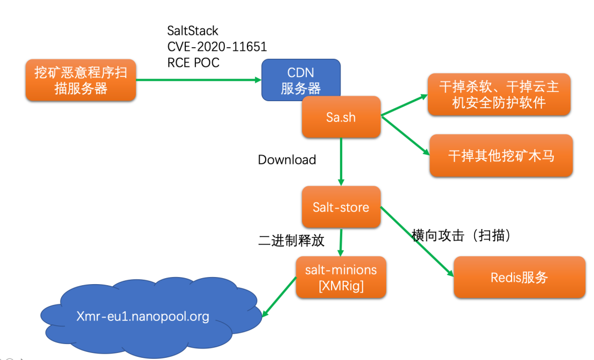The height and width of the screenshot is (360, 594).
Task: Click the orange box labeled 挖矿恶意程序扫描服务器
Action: (x=80, y=80)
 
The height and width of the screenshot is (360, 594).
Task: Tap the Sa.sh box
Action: (x=341, y=117)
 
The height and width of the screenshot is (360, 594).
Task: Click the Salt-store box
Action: (x=341, y=207)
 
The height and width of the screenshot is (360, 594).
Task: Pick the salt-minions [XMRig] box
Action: (x=341, y=277)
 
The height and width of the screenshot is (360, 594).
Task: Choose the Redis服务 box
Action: (x=519, y=277)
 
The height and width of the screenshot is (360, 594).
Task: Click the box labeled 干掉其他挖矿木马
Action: (x=501, y=156)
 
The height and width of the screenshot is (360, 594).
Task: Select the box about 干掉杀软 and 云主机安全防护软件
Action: (x=498, y=95)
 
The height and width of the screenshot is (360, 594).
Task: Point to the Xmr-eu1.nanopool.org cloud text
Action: (x=142, y=317)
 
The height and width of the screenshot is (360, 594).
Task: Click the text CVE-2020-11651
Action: (x=217, y=47)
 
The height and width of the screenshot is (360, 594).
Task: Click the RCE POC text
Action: (x=193, y=63)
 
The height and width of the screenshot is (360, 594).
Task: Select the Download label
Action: (x=287, y=160)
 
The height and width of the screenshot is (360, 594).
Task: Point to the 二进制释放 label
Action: (x=291, y=241)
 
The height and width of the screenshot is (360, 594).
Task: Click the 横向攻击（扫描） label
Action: (x=462, y=235)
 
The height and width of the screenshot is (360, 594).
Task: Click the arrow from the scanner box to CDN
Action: (x=198, y=80)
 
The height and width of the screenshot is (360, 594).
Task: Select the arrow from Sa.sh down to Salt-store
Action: (x=341, y=162)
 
